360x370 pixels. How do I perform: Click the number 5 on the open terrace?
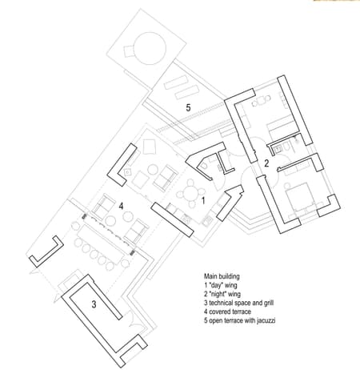click(188, 107)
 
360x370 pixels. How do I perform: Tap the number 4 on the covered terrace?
click(122, 206)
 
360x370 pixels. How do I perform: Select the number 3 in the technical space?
click(94, 304)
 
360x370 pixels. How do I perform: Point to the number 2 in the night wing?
click(266, 163)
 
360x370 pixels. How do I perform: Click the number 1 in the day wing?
click(203, 200)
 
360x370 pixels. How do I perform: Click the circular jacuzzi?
click(150, 48)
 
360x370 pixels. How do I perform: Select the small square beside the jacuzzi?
click(129, 51)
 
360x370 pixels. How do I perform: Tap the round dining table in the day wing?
click(191, 194)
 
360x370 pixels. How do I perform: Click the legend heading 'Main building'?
click(222, 276)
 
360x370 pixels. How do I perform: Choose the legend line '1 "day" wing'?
click(220, 285)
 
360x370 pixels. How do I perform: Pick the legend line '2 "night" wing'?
click(222, 294)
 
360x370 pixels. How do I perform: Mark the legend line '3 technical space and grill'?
click(238, 303)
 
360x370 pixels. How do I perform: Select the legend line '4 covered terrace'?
click(227, 312)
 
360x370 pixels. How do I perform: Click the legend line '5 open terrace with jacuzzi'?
click(239, 320)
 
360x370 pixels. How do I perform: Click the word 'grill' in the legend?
click(269, 303)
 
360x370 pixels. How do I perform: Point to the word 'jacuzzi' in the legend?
click(266, 320)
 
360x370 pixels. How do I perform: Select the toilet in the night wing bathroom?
click(286, 147)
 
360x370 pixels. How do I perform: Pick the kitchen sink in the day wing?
click(206, 221)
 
